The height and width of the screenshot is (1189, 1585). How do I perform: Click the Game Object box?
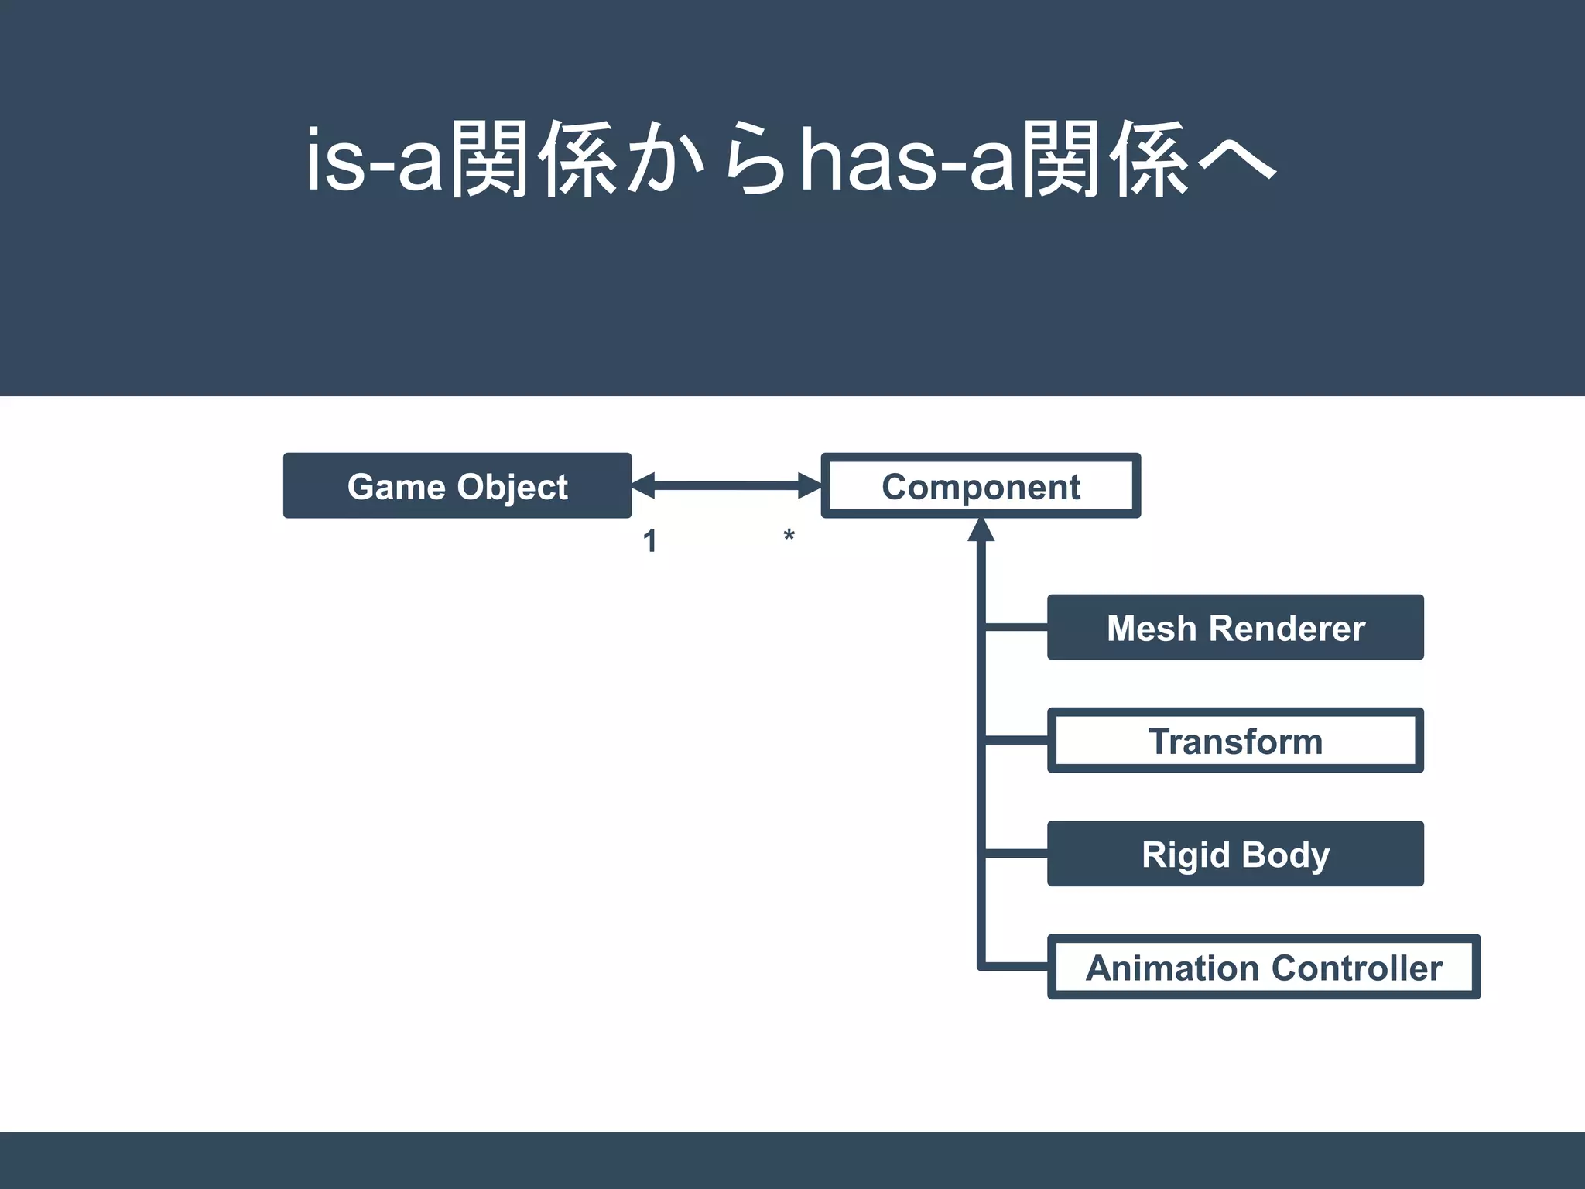(x=457, y=486)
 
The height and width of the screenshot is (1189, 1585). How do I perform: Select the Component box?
(x=981, y=486)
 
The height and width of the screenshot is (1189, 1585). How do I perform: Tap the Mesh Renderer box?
(x=1235, y=628)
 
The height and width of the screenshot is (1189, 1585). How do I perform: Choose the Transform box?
(x=1235, y=741)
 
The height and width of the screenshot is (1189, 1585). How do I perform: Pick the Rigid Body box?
(x=1235, y=854)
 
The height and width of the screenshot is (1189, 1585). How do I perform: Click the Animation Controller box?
(x=1263, y=968)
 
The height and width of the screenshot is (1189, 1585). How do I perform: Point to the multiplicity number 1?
(x=650, y=541)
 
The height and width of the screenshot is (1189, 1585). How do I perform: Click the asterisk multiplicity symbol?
(x=789, y=536)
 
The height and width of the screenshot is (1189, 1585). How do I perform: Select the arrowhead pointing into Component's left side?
(x=810, y=485)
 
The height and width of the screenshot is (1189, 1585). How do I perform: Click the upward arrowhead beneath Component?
(x=981, y=530)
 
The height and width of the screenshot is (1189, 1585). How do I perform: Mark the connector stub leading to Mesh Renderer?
(x=1016, y=627)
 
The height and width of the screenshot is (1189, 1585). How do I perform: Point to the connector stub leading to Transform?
(x=1016, y=741)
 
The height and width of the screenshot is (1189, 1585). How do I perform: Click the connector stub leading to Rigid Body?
(x=1016, y=854)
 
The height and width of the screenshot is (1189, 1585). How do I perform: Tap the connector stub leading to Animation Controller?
(x=1016, y=967)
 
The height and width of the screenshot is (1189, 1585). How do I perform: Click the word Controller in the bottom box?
(x=1357, y=968)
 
